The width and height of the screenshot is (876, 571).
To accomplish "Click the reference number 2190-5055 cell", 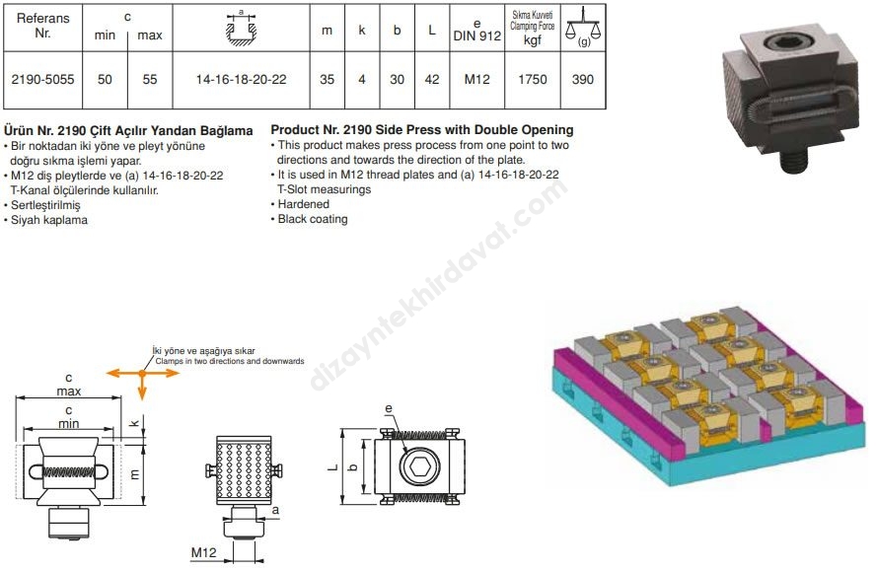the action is coord(42,79).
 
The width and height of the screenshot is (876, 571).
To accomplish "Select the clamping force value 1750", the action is coord(533,79).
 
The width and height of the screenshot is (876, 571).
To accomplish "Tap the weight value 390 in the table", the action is coord(583,79).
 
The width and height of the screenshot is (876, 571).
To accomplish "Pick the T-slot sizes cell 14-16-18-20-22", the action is coord(241,79).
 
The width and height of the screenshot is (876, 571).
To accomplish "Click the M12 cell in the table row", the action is coord(476,79).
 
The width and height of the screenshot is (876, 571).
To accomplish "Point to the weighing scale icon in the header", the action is coord(583,27).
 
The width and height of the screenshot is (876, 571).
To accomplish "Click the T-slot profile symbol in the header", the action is coord(242,28).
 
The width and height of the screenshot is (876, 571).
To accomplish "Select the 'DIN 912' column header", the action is coord(477,36).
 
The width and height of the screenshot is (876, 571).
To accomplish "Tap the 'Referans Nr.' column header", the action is coord(43,26).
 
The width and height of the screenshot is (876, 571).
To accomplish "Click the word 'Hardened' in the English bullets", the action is coord(304,204).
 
